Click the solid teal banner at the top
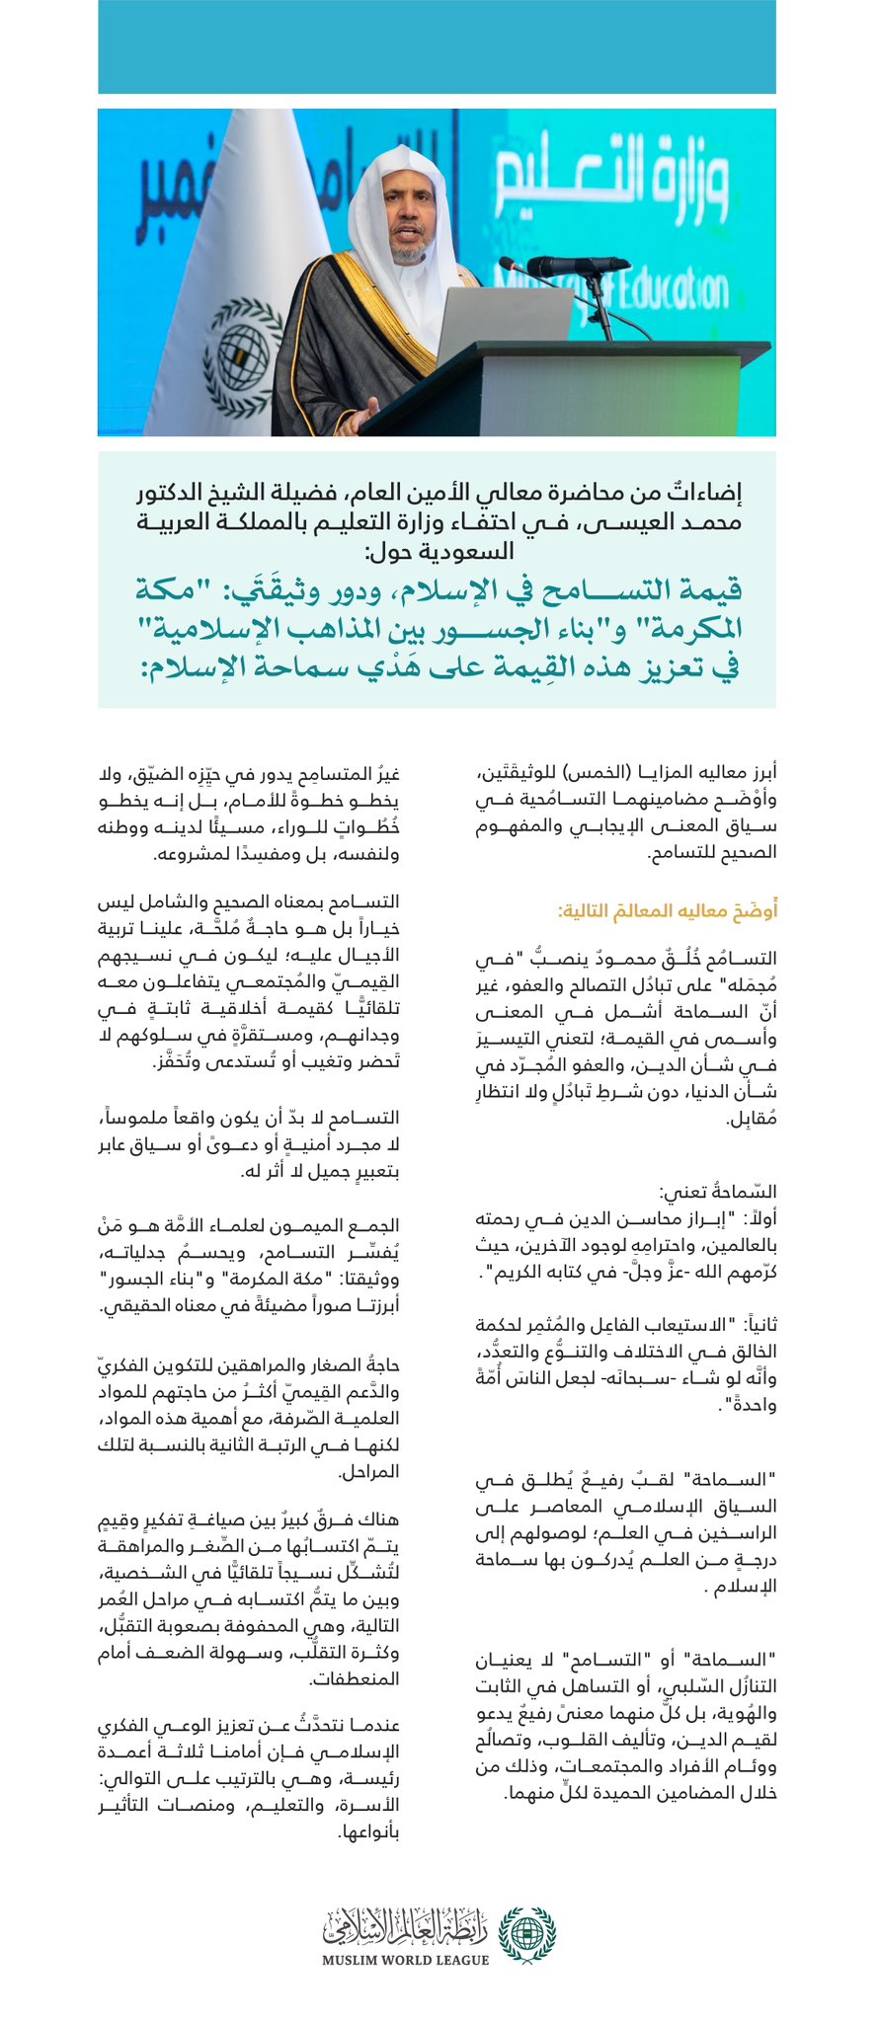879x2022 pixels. [437, 45]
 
